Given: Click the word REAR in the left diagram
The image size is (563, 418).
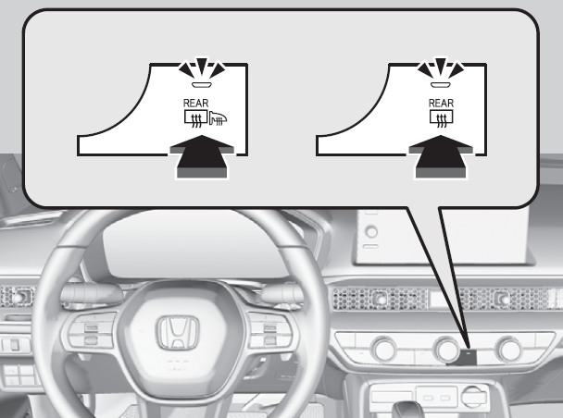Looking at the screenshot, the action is click(x=195, y=104).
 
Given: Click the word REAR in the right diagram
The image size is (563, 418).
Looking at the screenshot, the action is click(x=442, y=104).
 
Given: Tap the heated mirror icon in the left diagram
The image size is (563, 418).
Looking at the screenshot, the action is click(x=218, y=118).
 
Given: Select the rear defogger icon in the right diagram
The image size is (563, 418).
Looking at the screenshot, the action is click(x=442, y=118).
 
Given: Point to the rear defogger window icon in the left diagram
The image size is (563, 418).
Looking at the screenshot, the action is click(x=195, y=118).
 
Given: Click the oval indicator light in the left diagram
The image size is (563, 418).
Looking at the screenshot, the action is click(x=202, y=85).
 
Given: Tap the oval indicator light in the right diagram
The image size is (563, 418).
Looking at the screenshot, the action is click(x=441, y=85).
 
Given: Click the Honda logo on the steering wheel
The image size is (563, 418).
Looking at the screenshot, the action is click(x=178, y=332).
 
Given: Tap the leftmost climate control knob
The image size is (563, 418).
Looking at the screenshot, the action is click(x=384, y=349).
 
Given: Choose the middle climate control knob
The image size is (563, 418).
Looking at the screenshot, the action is click(x=446, y=349).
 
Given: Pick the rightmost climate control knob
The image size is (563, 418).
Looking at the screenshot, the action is click(x=509, y=349).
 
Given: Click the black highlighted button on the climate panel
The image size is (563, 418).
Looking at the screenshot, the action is click(x=468, y=357).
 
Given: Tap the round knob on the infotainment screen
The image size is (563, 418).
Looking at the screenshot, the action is click(x=371, y=231).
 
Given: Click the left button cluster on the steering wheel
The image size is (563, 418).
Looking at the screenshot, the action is click(x=89, y=333).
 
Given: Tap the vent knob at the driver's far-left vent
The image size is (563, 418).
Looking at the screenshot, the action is click(x=19, y=297).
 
